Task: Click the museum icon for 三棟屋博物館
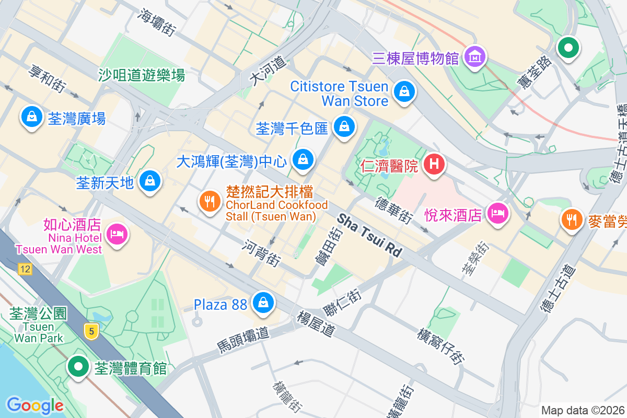click(475, 56)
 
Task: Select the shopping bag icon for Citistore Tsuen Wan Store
click(404, 91)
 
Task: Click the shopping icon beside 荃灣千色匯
click(344, 126)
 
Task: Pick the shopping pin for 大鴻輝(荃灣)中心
click(303, 160)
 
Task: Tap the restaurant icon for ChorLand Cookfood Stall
click(210, 201)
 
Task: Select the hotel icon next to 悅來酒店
click(497, 213)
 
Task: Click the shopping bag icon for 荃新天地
click(150, 181)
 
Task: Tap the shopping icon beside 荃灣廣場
click(32, 117)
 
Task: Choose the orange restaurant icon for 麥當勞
click(572, 218)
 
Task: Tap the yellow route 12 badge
click(24, 270)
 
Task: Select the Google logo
click(34, 405)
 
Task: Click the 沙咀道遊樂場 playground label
click(142, 75)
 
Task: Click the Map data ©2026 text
click(583, 411)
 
